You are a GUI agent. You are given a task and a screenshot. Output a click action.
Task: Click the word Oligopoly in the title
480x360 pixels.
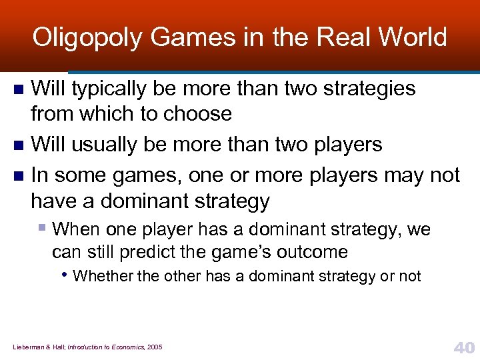[x=87, y=37]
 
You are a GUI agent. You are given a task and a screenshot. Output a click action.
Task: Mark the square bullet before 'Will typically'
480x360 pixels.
[x=19, y=89]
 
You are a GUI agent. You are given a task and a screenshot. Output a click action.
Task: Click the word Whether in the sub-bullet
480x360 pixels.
[x=97, y=276]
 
